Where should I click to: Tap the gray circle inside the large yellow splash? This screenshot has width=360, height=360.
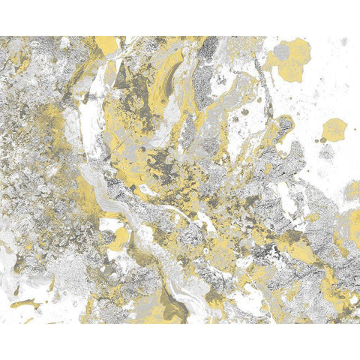pyautogui.click(x=280, y=52)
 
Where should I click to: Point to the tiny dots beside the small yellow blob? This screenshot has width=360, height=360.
pyautogui.click(x=321, y=140)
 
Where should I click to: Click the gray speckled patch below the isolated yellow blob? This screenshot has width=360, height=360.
pyautogui.click(x=328, y=154)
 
